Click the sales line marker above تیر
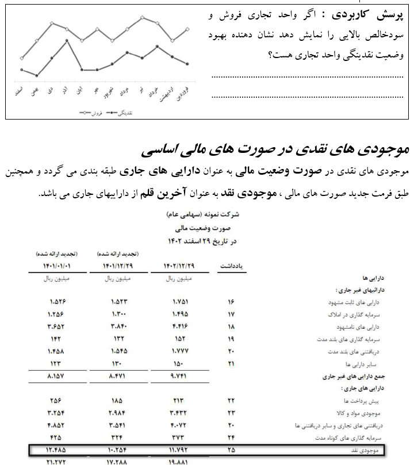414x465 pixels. coord(142,17)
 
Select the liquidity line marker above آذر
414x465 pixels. coord(67,40)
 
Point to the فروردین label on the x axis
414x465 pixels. coord(183,91)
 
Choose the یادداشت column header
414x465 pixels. coord(231,266)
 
